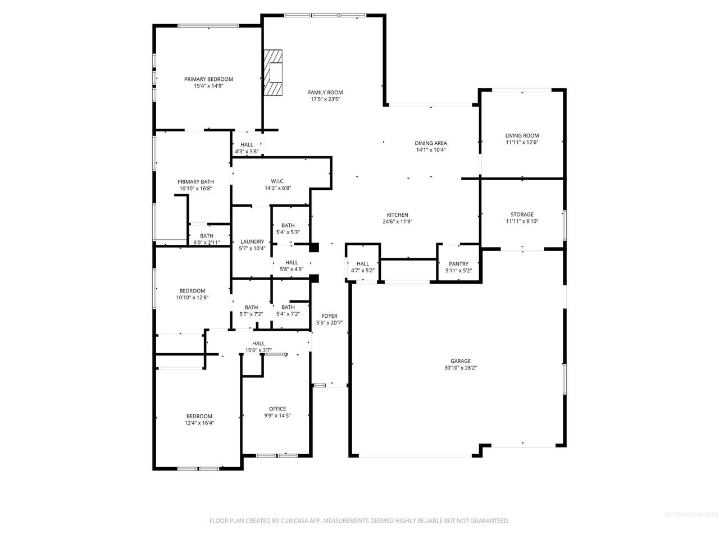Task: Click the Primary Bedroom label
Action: [x=208, y=79]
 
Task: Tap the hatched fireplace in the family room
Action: [x=273, y=72]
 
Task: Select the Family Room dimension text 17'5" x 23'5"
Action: [x=325, y=99]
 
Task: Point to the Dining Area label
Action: [x=430, y=143]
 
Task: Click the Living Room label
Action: [x=522, y=135]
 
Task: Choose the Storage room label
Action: [x=522, y=214]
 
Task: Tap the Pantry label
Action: [x=458, y=264]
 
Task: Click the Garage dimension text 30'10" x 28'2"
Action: [x=460, y=368]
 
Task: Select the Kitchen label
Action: [x=397, y=214]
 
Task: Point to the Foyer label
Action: [x=329, y=316]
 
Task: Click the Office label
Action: [x=277, y=409]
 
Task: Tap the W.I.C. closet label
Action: [x=278, y=181]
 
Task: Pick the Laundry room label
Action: [x=252, y=241]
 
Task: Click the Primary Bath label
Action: [x=195, y=181]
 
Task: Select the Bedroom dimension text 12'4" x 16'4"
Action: [x=199, y=423]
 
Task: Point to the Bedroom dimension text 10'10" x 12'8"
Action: [x=192, y=298]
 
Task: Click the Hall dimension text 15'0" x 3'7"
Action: [x=258, y=350]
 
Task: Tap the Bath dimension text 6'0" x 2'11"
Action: [x=206, y=243]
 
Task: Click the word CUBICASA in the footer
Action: [x=294, y=520]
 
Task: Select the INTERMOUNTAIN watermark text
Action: [x=691, y=515]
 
